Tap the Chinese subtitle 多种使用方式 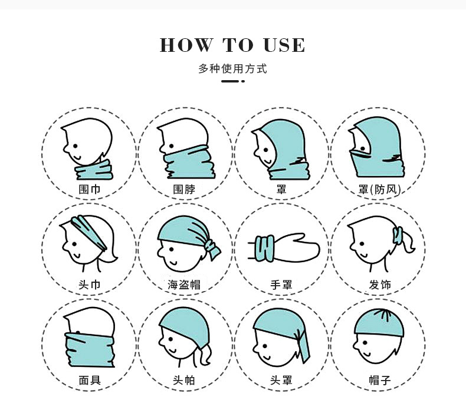tap(233, 69)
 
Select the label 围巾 tap(89, 190)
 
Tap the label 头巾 tap(89, 285)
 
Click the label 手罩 tap(281, 285)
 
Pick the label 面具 tap(89, 380)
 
